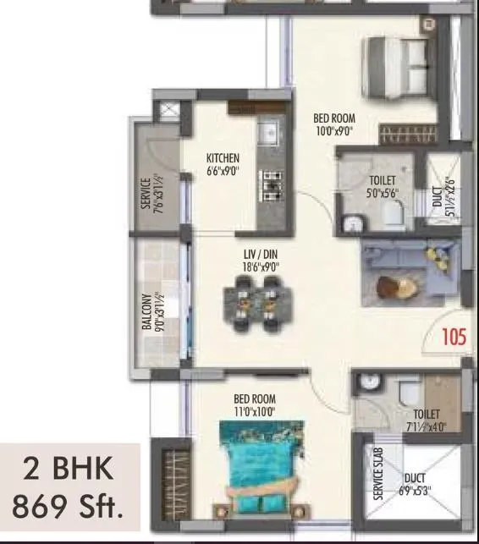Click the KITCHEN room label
223,158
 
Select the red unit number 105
454,338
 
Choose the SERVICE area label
146,194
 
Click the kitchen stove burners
272,185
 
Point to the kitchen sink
270,135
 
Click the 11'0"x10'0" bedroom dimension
255,412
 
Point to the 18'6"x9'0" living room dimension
261,267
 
